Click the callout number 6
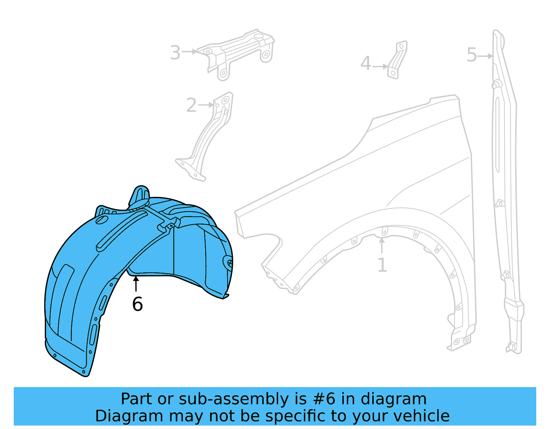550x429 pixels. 137,304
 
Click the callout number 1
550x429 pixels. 382,265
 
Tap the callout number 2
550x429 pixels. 191,105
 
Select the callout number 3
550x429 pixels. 175,53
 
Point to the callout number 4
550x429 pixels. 366,64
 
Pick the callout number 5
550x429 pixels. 472,55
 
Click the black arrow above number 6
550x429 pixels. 136,284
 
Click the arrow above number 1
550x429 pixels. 382,245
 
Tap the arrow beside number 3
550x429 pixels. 189,52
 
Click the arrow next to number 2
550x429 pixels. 206,105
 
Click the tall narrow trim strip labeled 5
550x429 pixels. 505,192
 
